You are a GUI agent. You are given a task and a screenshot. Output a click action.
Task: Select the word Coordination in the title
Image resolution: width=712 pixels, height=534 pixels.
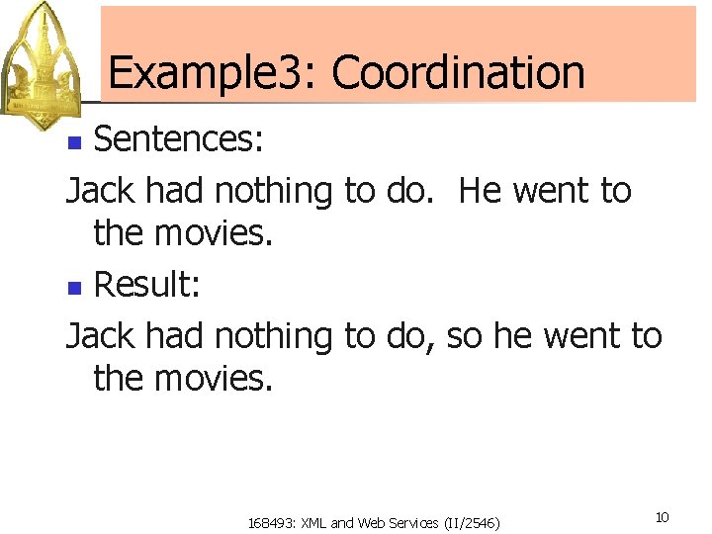458,73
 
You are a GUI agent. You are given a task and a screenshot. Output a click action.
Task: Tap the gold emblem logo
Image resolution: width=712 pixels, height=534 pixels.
43,65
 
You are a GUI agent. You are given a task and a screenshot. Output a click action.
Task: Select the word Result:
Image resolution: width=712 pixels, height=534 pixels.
147,287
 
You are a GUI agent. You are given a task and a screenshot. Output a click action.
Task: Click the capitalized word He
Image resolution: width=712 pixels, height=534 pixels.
481,190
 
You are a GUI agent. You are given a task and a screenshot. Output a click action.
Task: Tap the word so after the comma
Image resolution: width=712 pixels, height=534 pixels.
465,336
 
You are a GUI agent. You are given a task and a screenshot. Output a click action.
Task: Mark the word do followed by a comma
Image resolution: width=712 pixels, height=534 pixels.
407,336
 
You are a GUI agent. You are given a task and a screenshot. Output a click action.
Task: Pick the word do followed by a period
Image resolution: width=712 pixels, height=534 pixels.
407,190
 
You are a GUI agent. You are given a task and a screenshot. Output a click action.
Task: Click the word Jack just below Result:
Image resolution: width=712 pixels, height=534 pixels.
101,336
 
